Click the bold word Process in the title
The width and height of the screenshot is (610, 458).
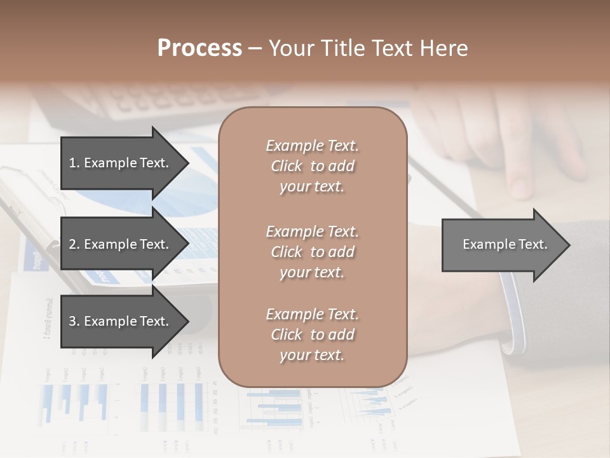point(200,48)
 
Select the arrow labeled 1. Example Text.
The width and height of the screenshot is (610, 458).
point(121,163)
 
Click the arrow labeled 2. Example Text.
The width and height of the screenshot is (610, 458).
point(121,244)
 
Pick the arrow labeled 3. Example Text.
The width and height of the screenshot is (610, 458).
point(121,321)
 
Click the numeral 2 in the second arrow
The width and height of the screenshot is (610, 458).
point(72,244)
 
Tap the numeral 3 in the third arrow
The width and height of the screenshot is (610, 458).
point(72,321)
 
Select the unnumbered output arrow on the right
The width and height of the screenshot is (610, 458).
point(502,244)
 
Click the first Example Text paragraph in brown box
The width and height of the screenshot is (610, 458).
point(312,166)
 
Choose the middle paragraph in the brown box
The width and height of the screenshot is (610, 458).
point(312,251)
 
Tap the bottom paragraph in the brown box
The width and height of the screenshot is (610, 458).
point(312,335)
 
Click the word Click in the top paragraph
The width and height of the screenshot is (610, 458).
point(287,166)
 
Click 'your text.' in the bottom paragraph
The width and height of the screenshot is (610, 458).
point(312,355)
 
